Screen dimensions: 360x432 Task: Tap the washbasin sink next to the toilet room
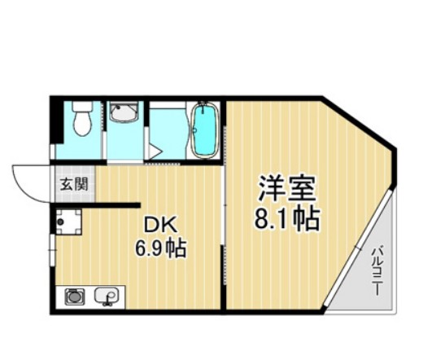124,114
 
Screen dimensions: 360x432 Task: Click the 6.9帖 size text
161,248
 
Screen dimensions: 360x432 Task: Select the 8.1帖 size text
285,217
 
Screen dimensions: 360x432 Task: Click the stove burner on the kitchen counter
75,297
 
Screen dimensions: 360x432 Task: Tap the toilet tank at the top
81,108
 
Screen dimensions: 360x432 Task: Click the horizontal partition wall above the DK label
98,204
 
